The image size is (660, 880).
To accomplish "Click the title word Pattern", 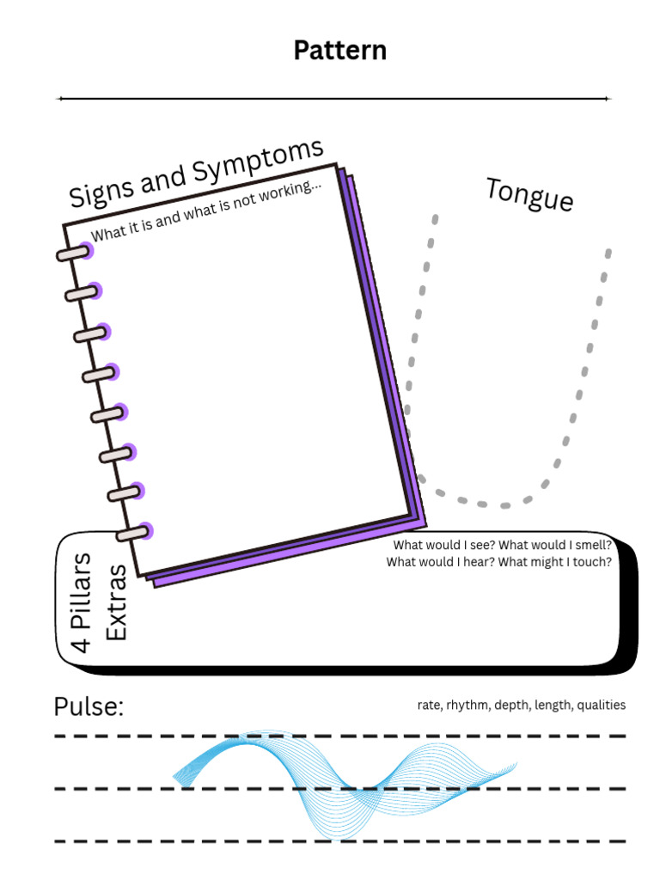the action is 340,51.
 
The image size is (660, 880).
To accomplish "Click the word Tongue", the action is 529,194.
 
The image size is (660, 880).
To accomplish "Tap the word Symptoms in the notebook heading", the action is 258,162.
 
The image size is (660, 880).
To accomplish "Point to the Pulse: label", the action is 89,706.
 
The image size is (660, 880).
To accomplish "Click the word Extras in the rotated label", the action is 116,602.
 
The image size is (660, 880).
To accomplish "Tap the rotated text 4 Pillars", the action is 80,602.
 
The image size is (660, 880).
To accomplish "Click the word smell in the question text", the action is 592,545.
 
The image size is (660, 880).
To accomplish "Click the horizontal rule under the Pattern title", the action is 334,99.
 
